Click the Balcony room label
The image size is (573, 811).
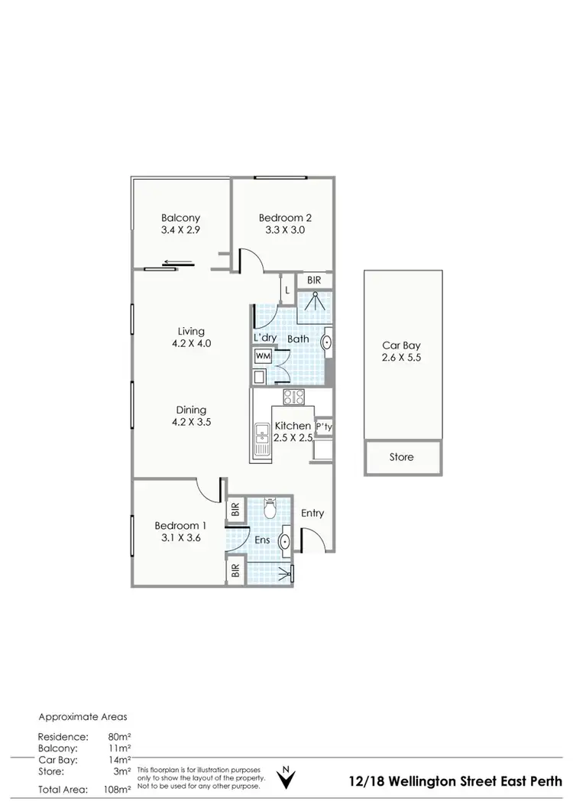pos(180,218)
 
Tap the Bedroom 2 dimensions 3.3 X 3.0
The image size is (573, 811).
pos(283,230)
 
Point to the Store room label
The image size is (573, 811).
pos(401,457)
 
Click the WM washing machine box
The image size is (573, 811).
pos(263,356)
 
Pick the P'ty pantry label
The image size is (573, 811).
pos(323,427)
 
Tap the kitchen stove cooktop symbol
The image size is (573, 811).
pos(294,397)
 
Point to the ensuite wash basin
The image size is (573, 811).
pos(286,541)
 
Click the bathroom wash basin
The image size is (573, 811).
pos(326,342)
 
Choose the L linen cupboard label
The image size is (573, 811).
pos(286,290)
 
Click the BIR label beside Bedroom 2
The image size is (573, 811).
pos(314,281)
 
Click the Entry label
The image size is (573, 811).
pos(312,513)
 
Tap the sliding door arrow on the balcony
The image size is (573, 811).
pos(178,266)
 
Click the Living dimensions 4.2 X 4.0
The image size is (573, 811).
pos(191,343)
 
